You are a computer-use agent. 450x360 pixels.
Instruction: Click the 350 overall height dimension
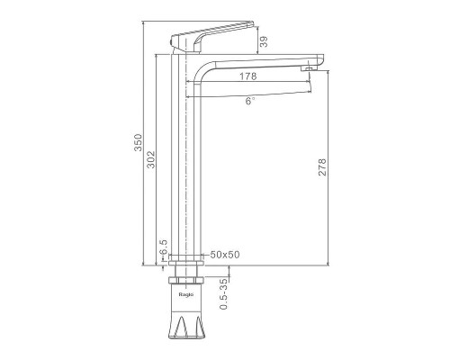(x=138, y=142)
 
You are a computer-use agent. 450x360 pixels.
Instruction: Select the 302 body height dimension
(x=151, y=159)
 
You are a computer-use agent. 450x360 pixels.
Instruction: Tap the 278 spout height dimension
(x=322, y=166)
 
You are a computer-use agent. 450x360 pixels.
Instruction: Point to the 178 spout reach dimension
(x=248, y=76)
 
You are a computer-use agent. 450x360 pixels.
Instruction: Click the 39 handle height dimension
(x=264, y=41)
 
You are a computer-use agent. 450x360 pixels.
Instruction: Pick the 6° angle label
(x=250, y=101)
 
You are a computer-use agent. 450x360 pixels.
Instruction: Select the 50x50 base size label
(x=225, y=255)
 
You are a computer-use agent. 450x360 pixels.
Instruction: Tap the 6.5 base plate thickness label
(x=164, y=247)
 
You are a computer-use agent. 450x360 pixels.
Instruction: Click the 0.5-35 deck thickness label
(x=224, y=293)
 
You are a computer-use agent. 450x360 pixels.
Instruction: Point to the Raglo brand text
(x=186, y=294)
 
